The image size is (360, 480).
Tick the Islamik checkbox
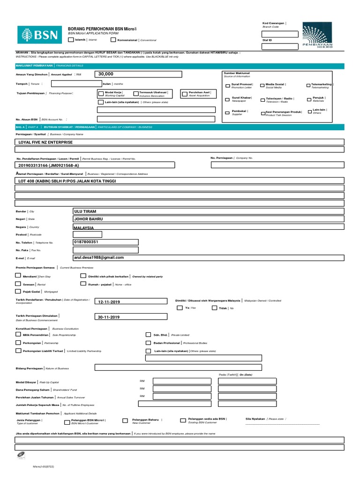tap(71, 40)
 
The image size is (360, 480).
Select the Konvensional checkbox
tap(113, 40)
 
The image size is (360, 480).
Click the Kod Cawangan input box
tap(280, 34)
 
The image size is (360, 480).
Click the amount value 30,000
tap(106, 74)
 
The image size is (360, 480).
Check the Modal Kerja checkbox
tap(101, 93)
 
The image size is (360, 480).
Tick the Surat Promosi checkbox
tap(228, 86)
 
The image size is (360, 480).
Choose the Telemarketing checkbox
tap(308, 86)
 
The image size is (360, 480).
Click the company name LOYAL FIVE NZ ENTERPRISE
tap(45, 142)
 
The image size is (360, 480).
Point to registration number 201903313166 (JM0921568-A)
tap(49, 165)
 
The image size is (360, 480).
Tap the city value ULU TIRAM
tap(85, 211)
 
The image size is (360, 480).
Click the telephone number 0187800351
tap(87, 242)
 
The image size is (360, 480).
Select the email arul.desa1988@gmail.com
tap(99, 257)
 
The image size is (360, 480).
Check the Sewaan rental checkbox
tap(18, 284)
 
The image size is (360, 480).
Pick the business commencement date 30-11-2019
tap(109, 317)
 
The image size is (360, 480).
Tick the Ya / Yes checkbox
tap(180, 308)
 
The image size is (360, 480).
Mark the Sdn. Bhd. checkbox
tap(149, 335)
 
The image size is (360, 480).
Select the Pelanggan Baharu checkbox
tap(125, 420)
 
